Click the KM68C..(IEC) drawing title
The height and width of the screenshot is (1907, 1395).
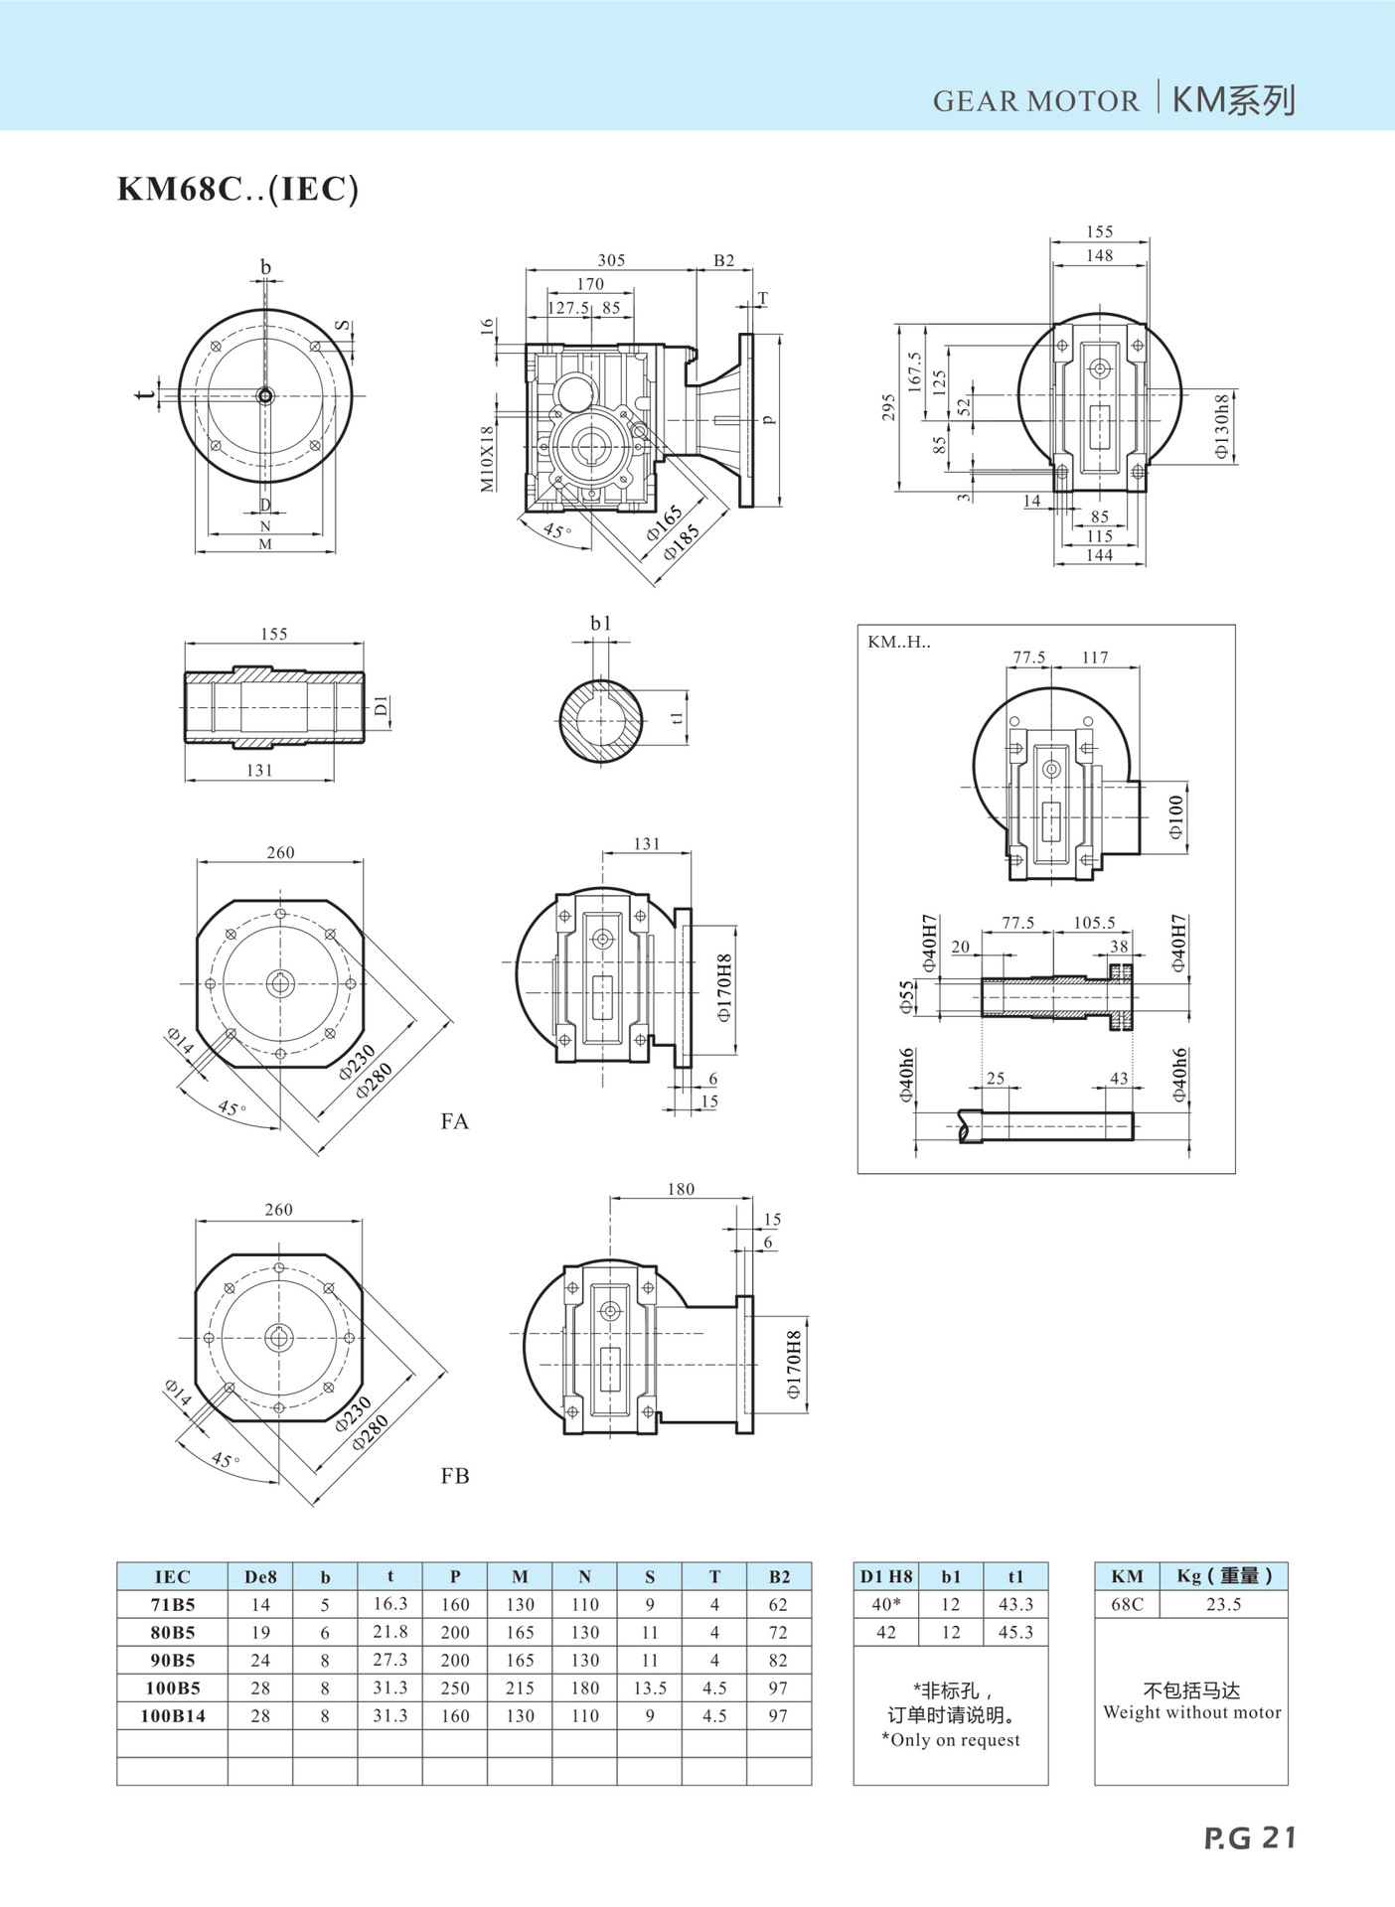(237, 189)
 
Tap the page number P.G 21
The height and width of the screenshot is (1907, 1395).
(1250, 1838)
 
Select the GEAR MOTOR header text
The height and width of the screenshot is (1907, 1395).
(1035, 101)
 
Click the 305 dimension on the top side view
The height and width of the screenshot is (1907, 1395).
(611, 260)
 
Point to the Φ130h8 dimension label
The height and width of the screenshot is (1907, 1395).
(1222, 427)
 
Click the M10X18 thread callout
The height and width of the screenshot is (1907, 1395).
(487, 459)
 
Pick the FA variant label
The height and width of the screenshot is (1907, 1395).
(454, 1121)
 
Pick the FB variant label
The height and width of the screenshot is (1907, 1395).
(454, 1476)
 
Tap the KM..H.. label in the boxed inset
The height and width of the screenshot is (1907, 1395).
(899, 642)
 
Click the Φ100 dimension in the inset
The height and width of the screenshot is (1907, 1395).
(1176, 817)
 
